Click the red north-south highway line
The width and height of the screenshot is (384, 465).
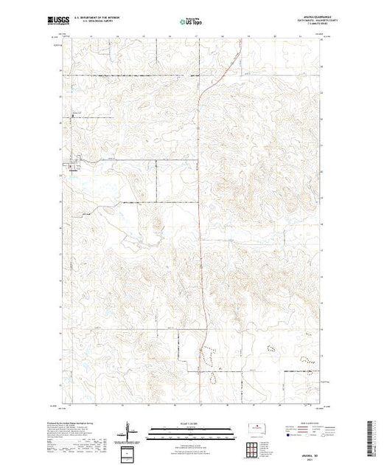click(203, 221)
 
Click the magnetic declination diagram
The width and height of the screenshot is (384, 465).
click(129, 431)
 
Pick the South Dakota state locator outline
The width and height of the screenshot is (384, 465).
click(258, 428)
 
